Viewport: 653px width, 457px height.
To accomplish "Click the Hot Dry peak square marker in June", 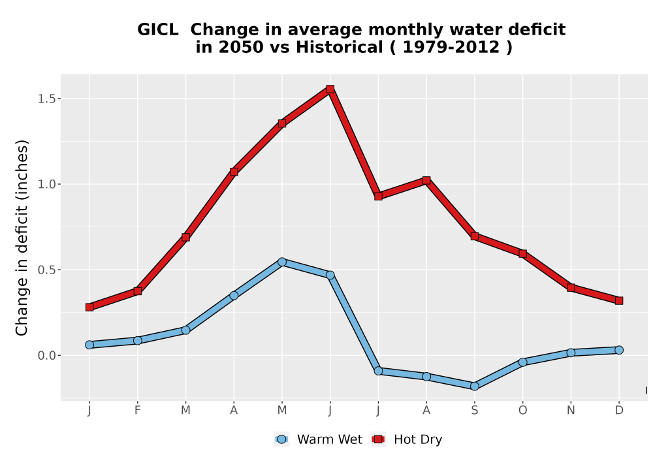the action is (x=330, y=89).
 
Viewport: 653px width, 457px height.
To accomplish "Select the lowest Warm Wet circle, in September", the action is (x=474, y=386).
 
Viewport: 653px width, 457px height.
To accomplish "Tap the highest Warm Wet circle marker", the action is (x=282, y=262).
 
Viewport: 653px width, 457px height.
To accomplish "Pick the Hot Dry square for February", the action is (x=137, y=291).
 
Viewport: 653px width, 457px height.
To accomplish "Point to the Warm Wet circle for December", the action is (x=619, y=350).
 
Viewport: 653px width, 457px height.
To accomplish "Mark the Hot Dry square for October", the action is (x=522, y=253).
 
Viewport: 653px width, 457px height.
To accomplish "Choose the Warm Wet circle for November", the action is (x=571, y=353).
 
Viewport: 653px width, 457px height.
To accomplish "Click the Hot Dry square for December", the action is (x=619, y=300).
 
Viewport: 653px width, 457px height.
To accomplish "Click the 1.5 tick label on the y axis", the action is (x=46, y=99).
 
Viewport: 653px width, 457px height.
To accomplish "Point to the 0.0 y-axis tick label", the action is (x=46, y=355).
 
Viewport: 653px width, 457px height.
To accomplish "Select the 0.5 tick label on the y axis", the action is (x=46, y=270).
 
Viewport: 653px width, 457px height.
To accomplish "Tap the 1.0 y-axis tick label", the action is (x=46, y=184).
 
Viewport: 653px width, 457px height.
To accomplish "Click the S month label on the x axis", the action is (x=474, y=411).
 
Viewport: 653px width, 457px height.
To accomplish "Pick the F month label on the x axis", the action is (x=137, y=411).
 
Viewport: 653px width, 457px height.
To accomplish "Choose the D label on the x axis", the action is (x=619, y=411).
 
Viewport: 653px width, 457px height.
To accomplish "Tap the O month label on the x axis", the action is (x=522, y=411).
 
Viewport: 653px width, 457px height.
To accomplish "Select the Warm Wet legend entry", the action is (x=319, y=439).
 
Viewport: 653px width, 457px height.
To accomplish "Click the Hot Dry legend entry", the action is (x=407, y=439).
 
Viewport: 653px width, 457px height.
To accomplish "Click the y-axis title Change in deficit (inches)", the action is (x=22, y=238).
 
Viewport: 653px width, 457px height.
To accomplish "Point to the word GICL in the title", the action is (x=158, y=30).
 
